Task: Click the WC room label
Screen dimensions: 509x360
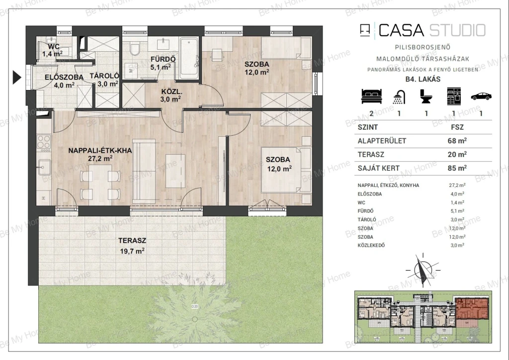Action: (x=53, y=50)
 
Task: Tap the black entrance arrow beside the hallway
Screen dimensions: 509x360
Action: (x=17, y=77)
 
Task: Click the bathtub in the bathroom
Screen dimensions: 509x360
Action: (x=189, y=58)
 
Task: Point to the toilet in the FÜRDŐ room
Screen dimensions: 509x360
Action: (x=135, y=49)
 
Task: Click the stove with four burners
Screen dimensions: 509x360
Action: (x=44, y=142)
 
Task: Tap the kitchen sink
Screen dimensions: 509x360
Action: (x=44, y=168)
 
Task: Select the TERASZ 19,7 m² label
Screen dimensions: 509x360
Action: (x=132, y=246)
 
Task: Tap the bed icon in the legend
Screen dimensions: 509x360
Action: (x=372, y=96)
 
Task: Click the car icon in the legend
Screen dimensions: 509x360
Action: (x=481, y=96)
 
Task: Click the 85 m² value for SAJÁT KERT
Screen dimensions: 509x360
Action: (x=457, y=168)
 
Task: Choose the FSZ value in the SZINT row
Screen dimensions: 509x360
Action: (x=457, y=127)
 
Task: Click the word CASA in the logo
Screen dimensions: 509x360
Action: (x=401, y=30)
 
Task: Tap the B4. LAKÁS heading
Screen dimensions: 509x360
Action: (x=423, y=79)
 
